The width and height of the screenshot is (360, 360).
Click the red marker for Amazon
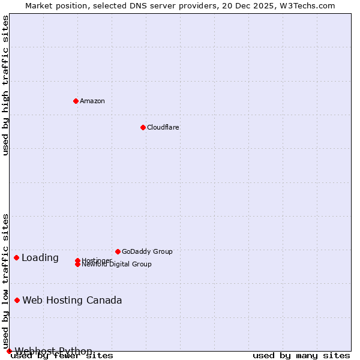point(76,101)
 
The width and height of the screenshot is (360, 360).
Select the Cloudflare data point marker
point(143,127)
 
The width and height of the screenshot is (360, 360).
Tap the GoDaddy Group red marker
point(118,251)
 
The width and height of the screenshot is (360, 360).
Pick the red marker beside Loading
point(16,257)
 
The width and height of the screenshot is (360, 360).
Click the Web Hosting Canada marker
point(17,300)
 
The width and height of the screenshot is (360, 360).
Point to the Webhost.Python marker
point(9,351)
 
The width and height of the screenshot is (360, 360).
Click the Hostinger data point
point(77,260)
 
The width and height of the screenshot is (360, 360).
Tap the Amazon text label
point(92,101)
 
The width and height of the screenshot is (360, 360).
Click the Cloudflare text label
point(163,127)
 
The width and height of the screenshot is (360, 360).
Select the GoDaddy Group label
point(147,251)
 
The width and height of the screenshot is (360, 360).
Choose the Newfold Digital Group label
point(116,265)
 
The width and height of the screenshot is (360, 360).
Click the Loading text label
point(40,258)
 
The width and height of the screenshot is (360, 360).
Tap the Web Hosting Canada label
point(72,301)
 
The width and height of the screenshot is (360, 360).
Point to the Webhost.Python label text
point(53,351)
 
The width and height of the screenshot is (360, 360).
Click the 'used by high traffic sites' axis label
point(6,85)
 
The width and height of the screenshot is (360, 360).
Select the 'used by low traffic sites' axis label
point(6,281)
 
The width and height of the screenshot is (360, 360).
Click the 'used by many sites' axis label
point(301,356)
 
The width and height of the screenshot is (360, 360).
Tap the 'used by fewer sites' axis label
point(62,356)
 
